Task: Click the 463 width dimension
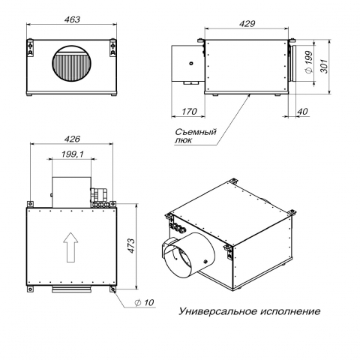tap(72, 19)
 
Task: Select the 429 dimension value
tap(247, 24)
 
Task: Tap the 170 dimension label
tap(189, 112)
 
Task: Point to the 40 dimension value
tap(303, 112)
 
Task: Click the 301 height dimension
tap(324, 66)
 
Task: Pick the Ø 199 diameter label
tap(309, 61)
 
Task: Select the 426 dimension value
tap(72, 139)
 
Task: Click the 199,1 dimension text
tap(73, 154)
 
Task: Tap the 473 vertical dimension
tap(131, 246)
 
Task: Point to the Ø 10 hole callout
tap(144, 302)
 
